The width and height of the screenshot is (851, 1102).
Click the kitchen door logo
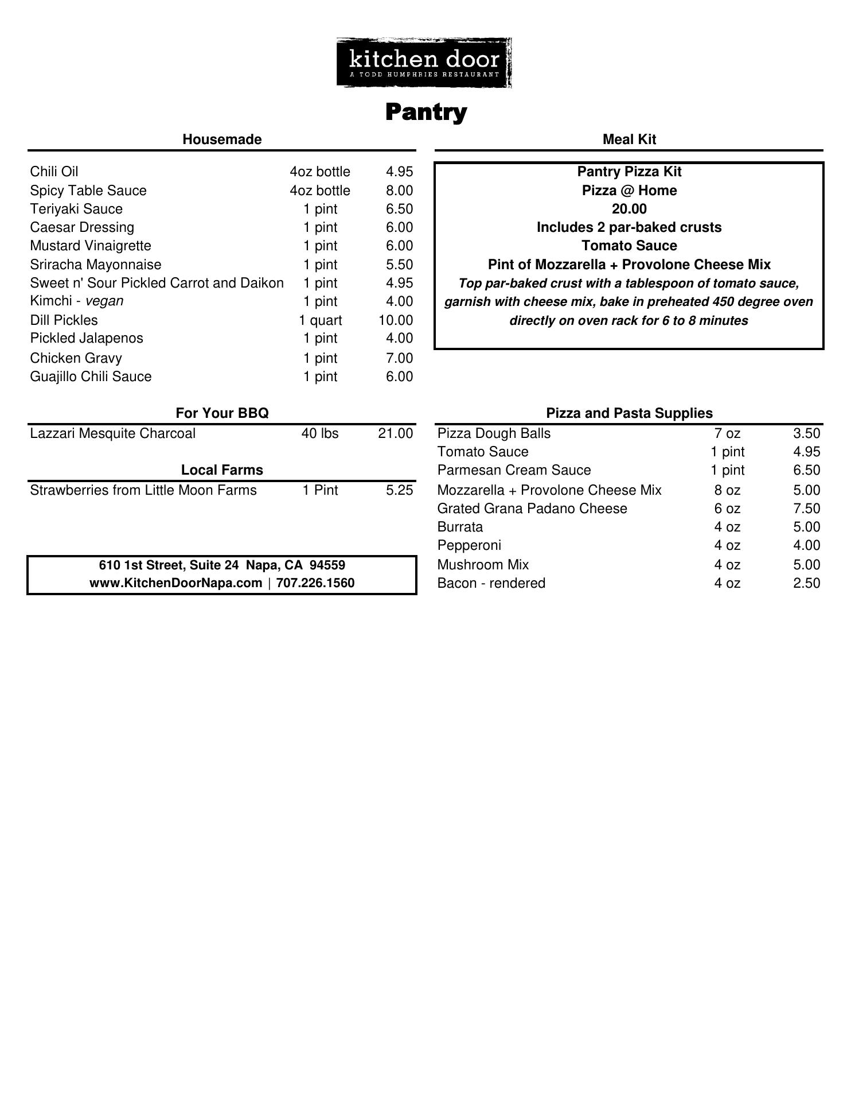(424, 63)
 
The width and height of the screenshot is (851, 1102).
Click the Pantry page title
(425, 112)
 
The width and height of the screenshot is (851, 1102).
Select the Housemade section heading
(222, 139)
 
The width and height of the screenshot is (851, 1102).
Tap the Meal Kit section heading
(629, 139)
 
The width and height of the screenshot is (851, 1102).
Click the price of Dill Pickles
(395, 320)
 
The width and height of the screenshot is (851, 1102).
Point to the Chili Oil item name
(54, 172)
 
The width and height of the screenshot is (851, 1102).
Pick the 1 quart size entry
(320, 320)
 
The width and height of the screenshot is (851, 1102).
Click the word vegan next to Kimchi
(104, 301)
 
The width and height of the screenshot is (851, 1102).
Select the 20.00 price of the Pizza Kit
(629, 209)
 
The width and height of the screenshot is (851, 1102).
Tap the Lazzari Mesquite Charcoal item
(112, 433)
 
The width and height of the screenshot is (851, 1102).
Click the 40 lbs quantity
(320, 433)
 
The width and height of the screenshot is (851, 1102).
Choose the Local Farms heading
(222, 470)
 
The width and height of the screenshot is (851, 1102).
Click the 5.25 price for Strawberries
(399, 490)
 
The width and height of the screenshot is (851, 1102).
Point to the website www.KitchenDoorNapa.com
(175, 583)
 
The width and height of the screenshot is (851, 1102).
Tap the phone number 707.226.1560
(315, 583)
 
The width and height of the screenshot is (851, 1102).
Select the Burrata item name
(460, 527)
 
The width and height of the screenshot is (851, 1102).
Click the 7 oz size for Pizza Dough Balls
(727, 433)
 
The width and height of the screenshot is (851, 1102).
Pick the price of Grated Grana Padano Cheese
(806, 509)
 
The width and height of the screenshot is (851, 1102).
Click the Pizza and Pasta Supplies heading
(629, 413)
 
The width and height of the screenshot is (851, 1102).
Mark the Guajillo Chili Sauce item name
(91, 377)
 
